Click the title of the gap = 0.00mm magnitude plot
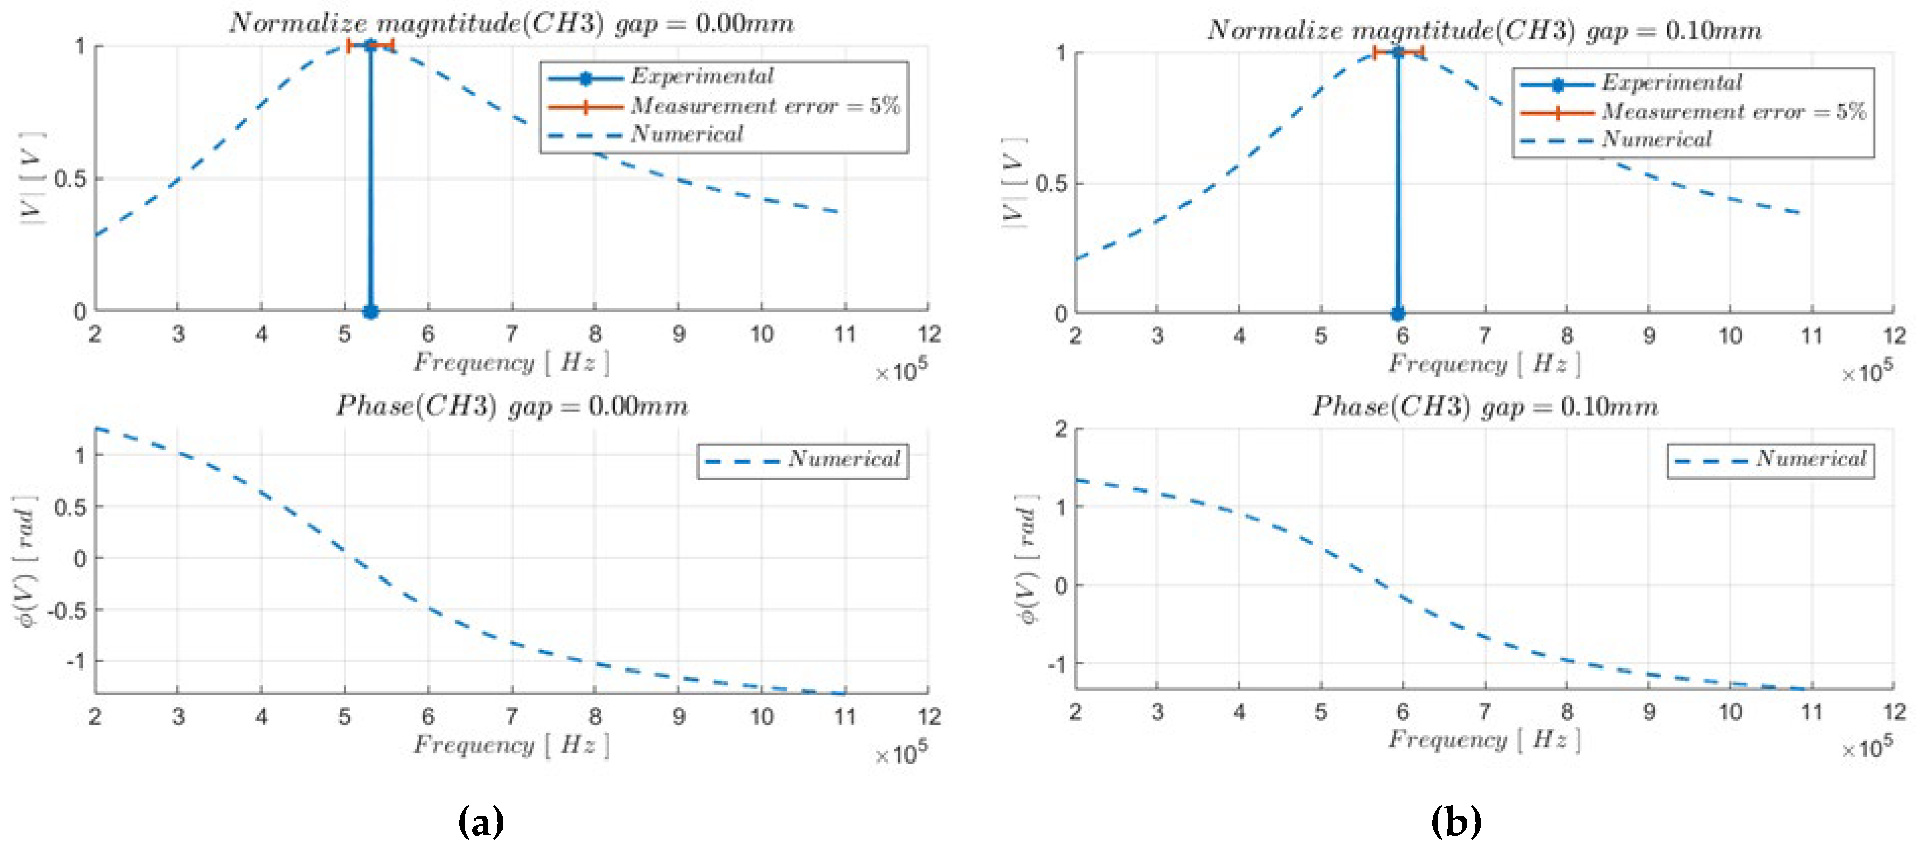click(x=511, y=23)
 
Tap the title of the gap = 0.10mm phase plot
click(x=1485, y=406)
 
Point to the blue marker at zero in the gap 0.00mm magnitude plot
click(x=371, y=312)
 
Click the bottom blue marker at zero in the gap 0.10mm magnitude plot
click(x=1398, y=314)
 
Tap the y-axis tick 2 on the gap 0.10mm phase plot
click(x=1061, y=429)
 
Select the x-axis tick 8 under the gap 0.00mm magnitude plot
click(x=595, y=334)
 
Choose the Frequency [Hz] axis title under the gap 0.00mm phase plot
click(x=511, y=745)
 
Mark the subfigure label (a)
click(x=480, y=822)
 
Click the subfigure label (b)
click(x=1455, y=822)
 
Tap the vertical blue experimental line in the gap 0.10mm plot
click(x=1398, y=186)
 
